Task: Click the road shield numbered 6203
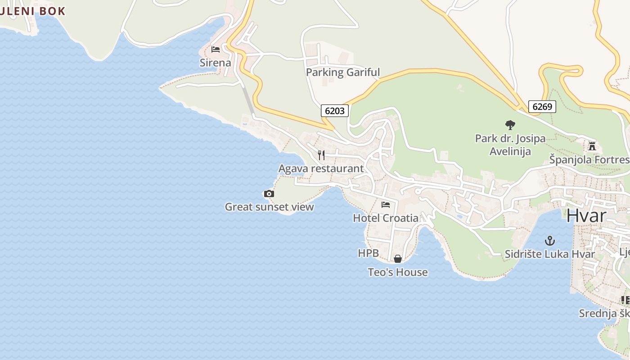(x=335, y=111)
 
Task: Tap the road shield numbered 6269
(x=542, y=107)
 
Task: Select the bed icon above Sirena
(x=216, y=49)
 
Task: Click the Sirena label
(x=216, y=63)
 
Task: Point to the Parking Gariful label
(x=343, y=72)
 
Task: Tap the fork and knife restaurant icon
(x=321, y=155)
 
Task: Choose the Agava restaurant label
(x=321, y=169)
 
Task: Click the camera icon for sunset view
(x=269, y=194)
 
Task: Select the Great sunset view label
(x=269, y=207)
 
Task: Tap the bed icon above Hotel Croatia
(x=386, y=205)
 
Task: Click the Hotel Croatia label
(x=386, y=218)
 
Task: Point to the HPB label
(x=368, y=253)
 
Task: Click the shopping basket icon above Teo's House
(x=398, y=259)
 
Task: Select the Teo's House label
(x=398, y=272)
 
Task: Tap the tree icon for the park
(x=510, y=125)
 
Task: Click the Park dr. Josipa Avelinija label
(x=510, y=145)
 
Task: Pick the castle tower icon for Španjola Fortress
(x=592, y=146)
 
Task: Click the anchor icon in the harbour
(x=549, y=241)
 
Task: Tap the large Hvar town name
(x=586, y=216)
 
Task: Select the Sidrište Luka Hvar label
(x=549, y=254)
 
